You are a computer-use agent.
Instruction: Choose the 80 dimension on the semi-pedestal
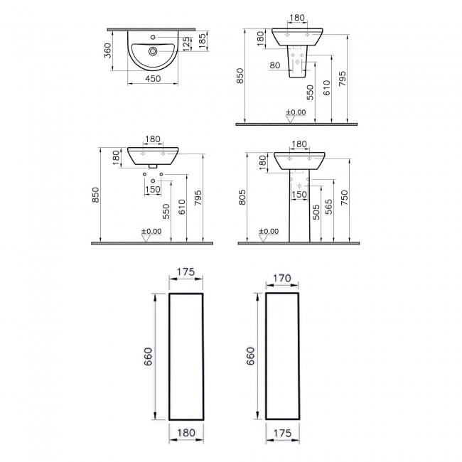click(276, 65)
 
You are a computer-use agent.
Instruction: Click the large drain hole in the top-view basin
click(154, 51)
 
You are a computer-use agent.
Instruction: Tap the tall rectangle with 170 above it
click(284, 355)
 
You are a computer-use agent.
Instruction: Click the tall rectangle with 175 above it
click(186, 355)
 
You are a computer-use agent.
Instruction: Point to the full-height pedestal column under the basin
click(300, 206)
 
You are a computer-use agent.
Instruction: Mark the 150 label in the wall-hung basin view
click(153, 189)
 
